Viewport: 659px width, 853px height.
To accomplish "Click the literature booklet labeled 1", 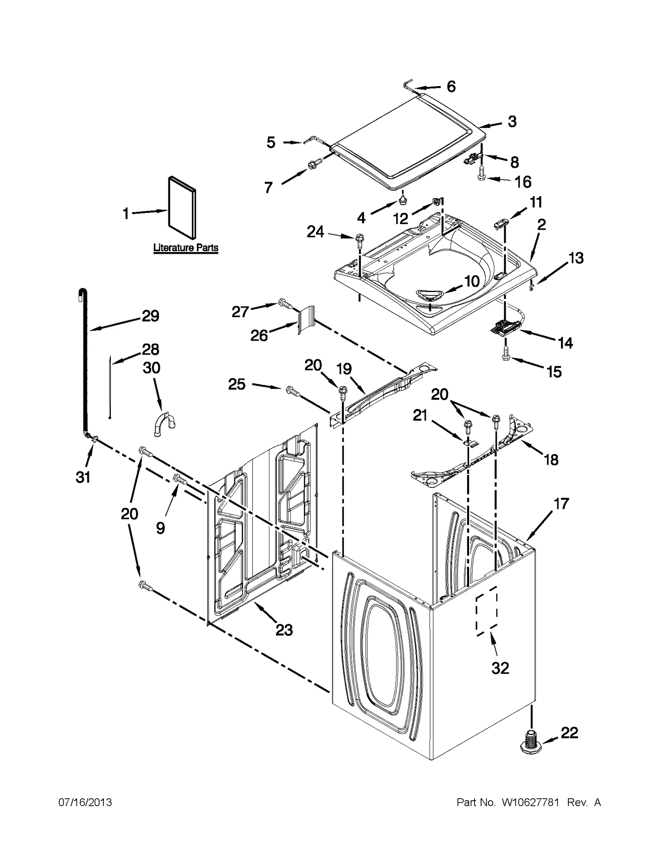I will [x=182, y=208].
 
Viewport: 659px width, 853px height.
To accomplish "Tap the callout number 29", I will [x=150, y=316].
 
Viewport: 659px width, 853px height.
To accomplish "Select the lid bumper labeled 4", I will [x=402, y=200].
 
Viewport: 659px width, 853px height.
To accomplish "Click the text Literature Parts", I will [x=186, y=248].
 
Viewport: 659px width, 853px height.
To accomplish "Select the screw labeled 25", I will [x=292, y=391].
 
